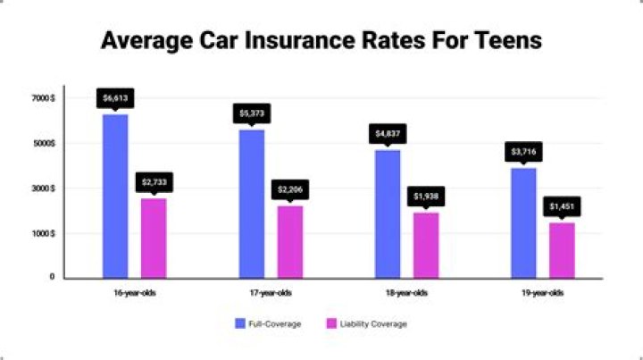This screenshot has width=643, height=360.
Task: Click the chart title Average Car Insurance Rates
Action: (321, 41)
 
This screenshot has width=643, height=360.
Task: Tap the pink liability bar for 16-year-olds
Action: (154, 237)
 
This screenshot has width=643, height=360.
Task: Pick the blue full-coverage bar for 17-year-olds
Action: (251, 203)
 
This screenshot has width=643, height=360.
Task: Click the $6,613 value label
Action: (114, 97)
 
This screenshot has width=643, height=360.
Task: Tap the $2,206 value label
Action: (290, 189)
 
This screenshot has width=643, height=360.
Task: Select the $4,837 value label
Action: (388, 134)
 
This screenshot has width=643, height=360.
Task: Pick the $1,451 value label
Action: (562, 206)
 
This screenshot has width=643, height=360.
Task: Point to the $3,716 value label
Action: (523, 152)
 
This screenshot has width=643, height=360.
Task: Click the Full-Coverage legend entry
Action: (268, 323)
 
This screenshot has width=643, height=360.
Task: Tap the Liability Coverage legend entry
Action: (369, 323)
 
